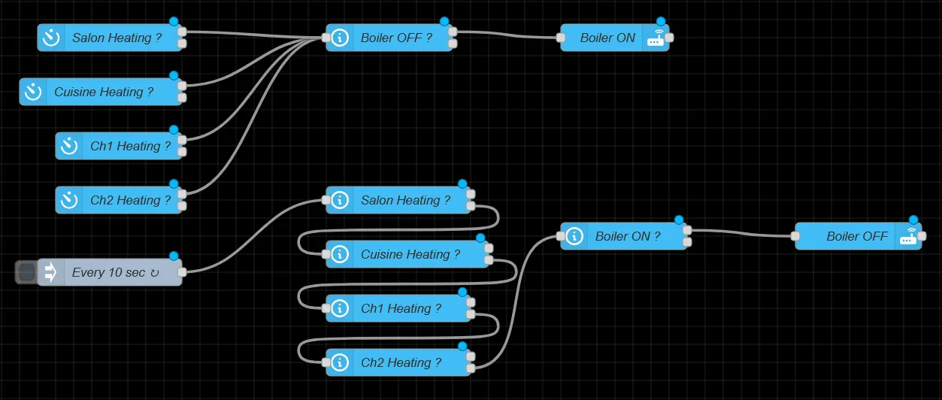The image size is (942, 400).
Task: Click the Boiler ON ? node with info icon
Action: (x=628, y=236)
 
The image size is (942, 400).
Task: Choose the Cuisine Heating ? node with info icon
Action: (x=410, y=254)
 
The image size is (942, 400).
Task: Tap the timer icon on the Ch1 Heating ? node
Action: (x=69, y=146)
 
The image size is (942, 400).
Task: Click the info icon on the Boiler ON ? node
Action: (x=574, y=236)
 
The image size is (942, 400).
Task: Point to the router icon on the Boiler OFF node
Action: (x=908, y=236)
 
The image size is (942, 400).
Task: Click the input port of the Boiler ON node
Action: (x=561, y=38)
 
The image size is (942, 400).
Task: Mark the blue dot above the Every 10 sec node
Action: (x=174, y=256)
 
